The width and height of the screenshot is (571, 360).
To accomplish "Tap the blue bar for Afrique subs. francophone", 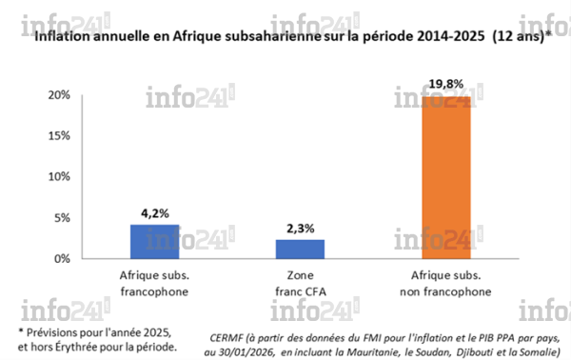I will [x=153, y=241].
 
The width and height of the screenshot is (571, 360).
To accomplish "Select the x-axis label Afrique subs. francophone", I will [x=153, y=282].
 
